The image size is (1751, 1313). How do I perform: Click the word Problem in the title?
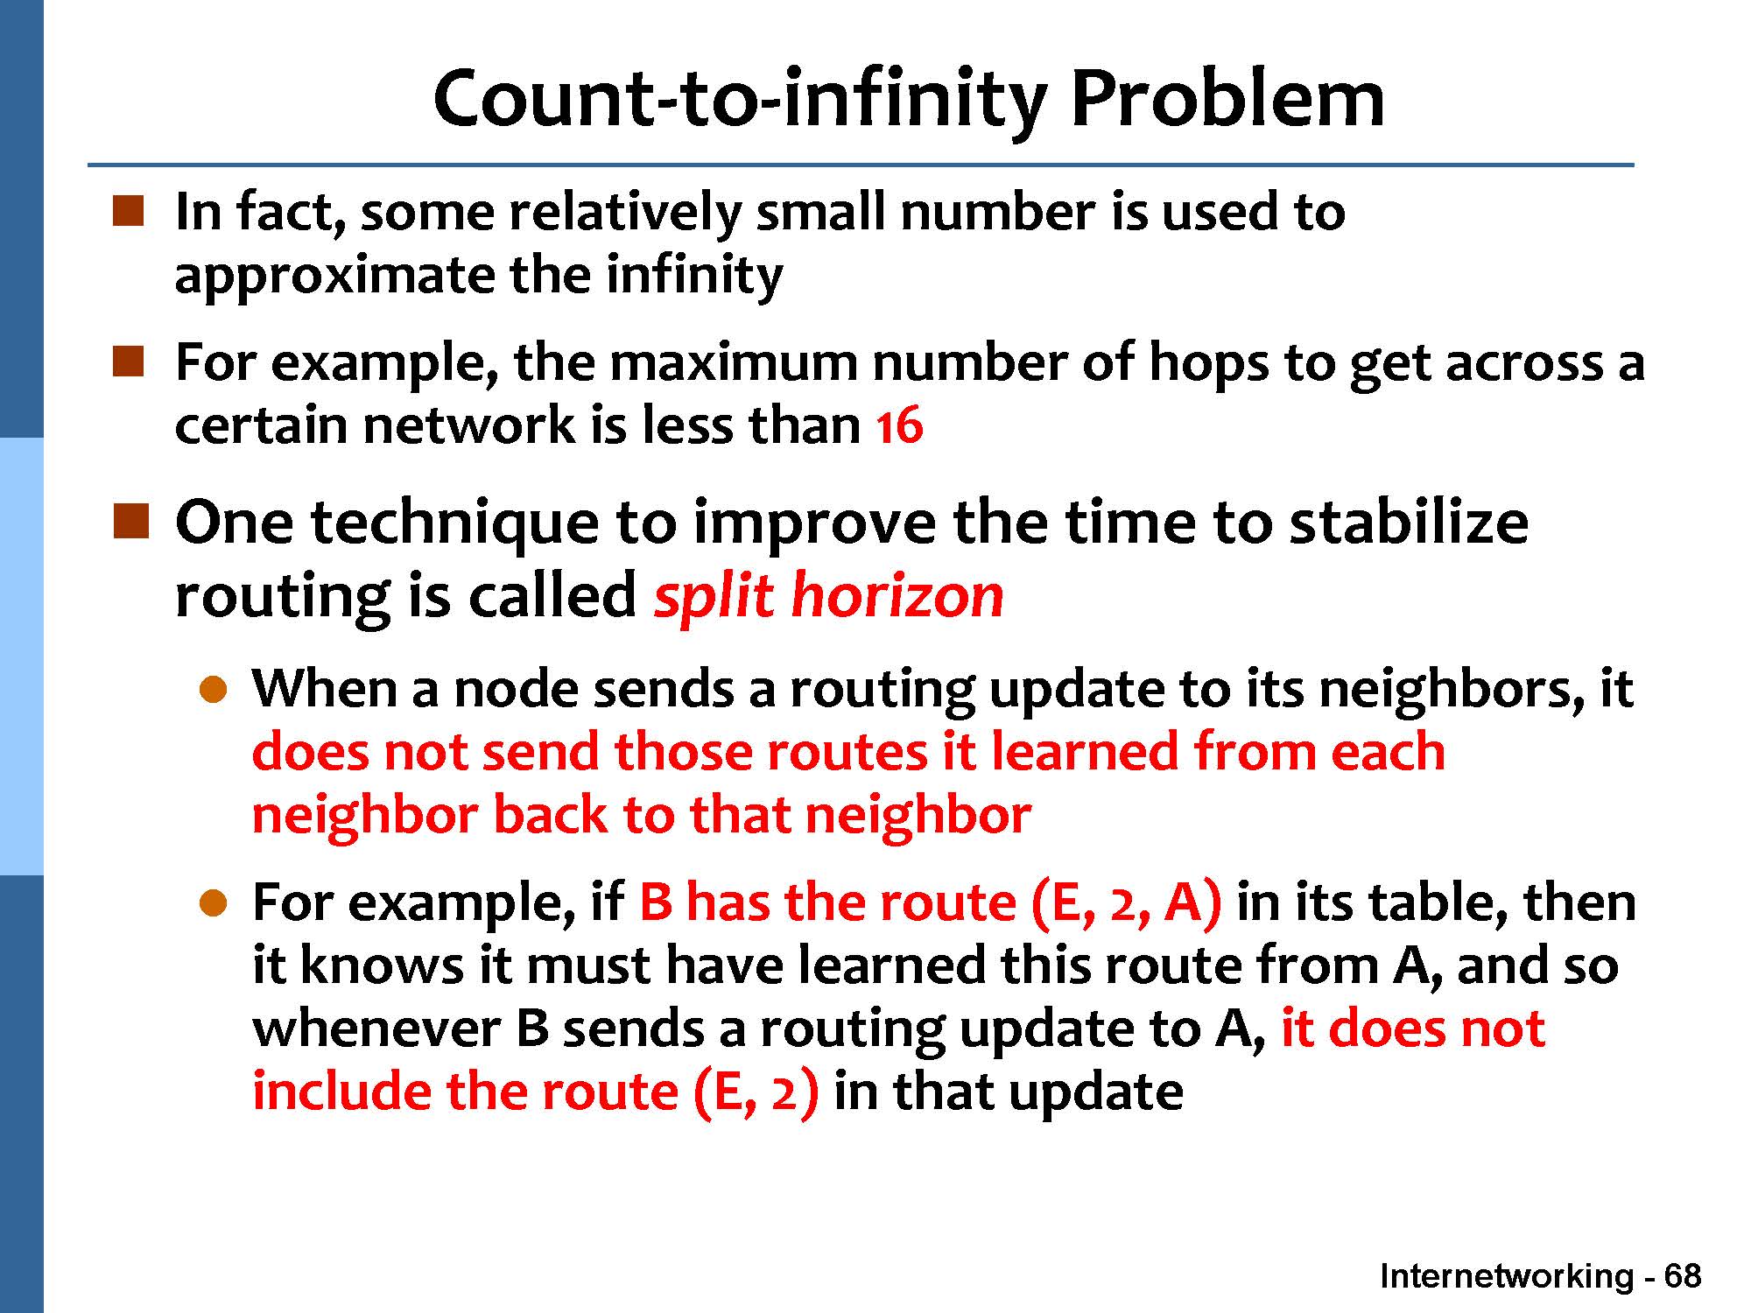click(x=1227, y=98)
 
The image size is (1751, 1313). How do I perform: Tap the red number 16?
click(x=899, y=426)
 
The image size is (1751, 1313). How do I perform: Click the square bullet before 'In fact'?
click(x=128, y=212)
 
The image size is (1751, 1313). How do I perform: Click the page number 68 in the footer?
click(x=1683, y=1276)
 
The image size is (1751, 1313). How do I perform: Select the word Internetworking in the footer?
click(x=1507, y=1276)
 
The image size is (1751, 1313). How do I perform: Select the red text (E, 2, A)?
click(x=1127, y=903)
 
